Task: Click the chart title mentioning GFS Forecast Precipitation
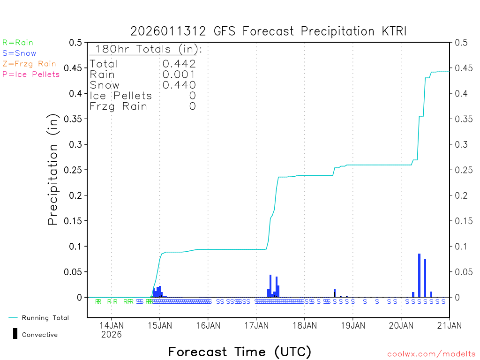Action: coord(268,31)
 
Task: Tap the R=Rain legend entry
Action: coord(18,43)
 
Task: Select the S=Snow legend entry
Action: coord(19,53)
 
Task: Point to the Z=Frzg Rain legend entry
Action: coord(29,64)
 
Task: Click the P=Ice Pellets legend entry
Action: coord(31,74)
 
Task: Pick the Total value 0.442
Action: coord(179,64)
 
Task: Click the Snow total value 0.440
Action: coord(179,85)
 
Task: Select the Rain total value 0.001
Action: coord(179,75)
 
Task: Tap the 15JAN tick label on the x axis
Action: coord(160,325)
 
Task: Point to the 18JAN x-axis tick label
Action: coord(304,325)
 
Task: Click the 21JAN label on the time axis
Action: coord(449,325)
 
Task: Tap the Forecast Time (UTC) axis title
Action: coord(240,352)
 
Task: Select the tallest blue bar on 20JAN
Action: coord(419,275)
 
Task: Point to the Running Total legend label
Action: coord(45,318)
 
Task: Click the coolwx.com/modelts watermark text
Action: coord(431,354)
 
